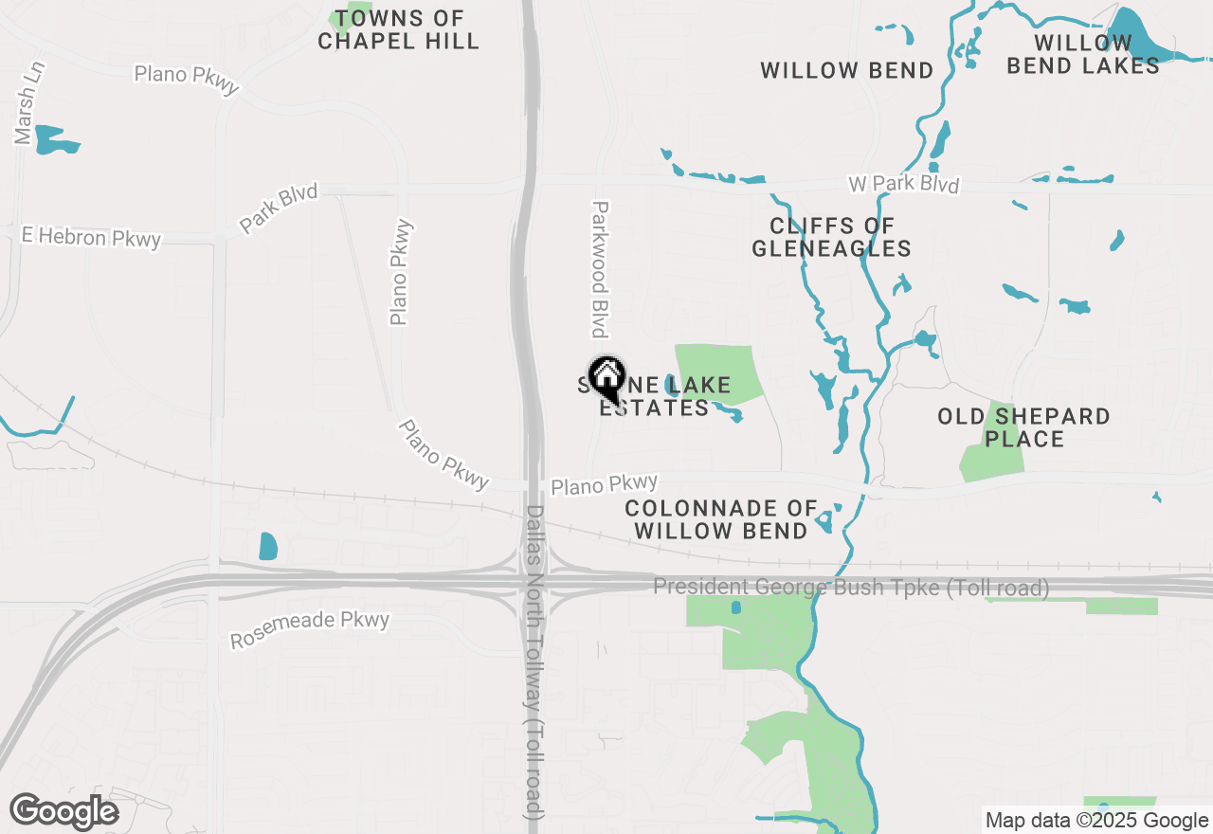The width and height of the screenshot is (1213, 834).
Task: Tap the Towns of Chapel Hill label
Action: (x=398, y=30)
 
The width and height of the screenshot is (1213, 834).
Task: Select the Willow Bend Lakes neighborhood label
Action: (x=1082, y=54)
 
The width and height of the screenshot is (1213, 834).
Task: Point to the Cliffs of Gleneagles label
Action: (x=831, y=237)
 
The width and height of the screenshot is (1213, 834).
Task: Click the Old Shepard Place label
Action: (x=1023, y=427)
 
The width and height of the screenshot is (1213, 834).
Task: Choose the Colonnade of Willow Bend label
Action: (x=720, y=519)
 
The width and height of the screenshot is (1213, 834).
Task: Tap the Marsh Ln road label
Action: (x=29, y=103)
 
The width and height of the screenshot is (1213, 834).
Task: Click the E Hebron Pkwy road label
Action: (x=91, y=236)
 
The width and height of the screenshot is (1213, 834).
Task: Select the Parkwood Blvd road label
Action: (x=599, y=269)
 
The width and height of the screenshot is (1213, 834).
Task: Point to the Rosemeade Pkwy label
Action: (x=310, y=630)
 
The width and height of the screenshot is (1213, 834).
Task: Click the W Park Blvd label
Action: (x=903, y=183)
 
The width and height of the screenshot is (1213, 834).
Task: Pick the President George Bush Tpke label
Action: (x=851, y=588)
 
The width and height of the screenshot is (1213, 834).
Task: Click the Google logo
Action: (x=63, y=812)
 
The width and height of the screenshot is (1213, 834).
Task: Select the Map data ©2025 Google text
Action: (x=1096, y=821)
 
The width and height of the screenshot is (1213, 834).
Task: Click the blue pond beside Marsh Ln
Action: (x=56, y=140)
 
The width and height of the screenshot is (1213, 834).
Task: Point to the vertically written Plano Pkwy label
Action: (x=402, y=272)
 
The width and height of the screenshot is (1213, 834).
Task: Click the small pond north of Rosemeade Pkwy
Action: (x=268, y=546)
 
